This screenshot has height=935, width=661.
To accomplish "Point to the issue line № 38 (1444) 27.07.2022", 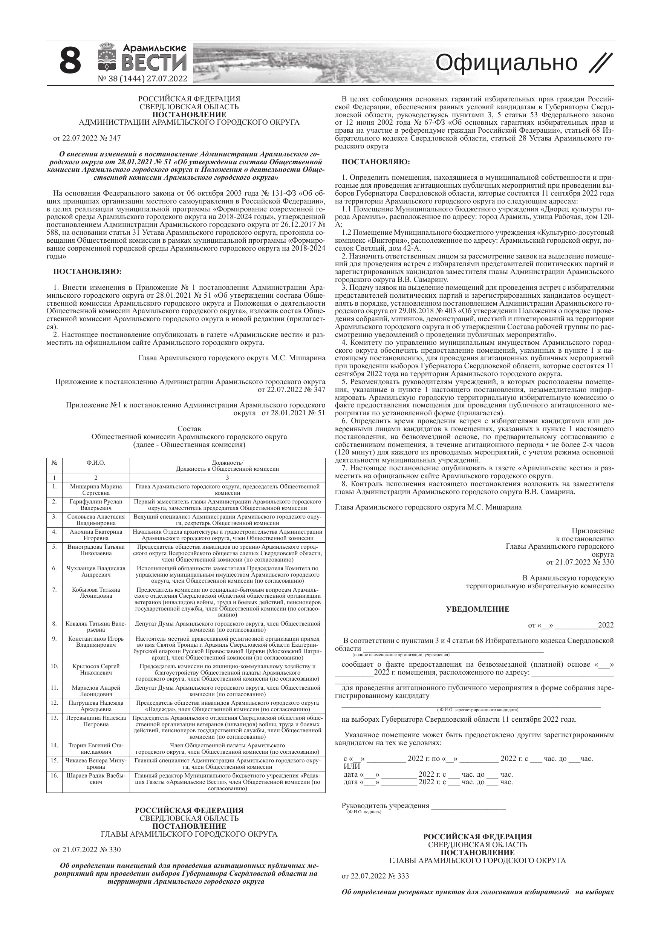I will (x=142, y=79).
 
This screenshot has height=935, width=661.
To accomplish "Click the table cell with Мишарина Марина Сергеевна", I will (x=96, y=490).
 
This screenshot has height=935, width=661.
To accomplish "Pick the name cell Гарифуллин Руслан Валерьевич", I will (x=96, y=505).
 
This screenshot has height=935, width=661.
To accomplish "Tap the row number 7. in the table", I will (x=54, y=589).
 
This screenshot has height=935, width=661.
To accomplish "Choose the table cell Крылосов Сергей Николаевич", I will (x=96, y=669).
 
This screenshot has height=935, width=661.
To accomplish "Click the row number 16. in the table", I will (x=54, y=775).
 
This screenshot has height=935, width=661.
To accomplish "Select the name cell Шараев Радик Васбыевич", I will (x=96, y=779).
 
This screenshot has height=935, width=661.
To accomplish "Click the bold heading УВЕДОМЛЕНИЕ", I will (x=477, y=610).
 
